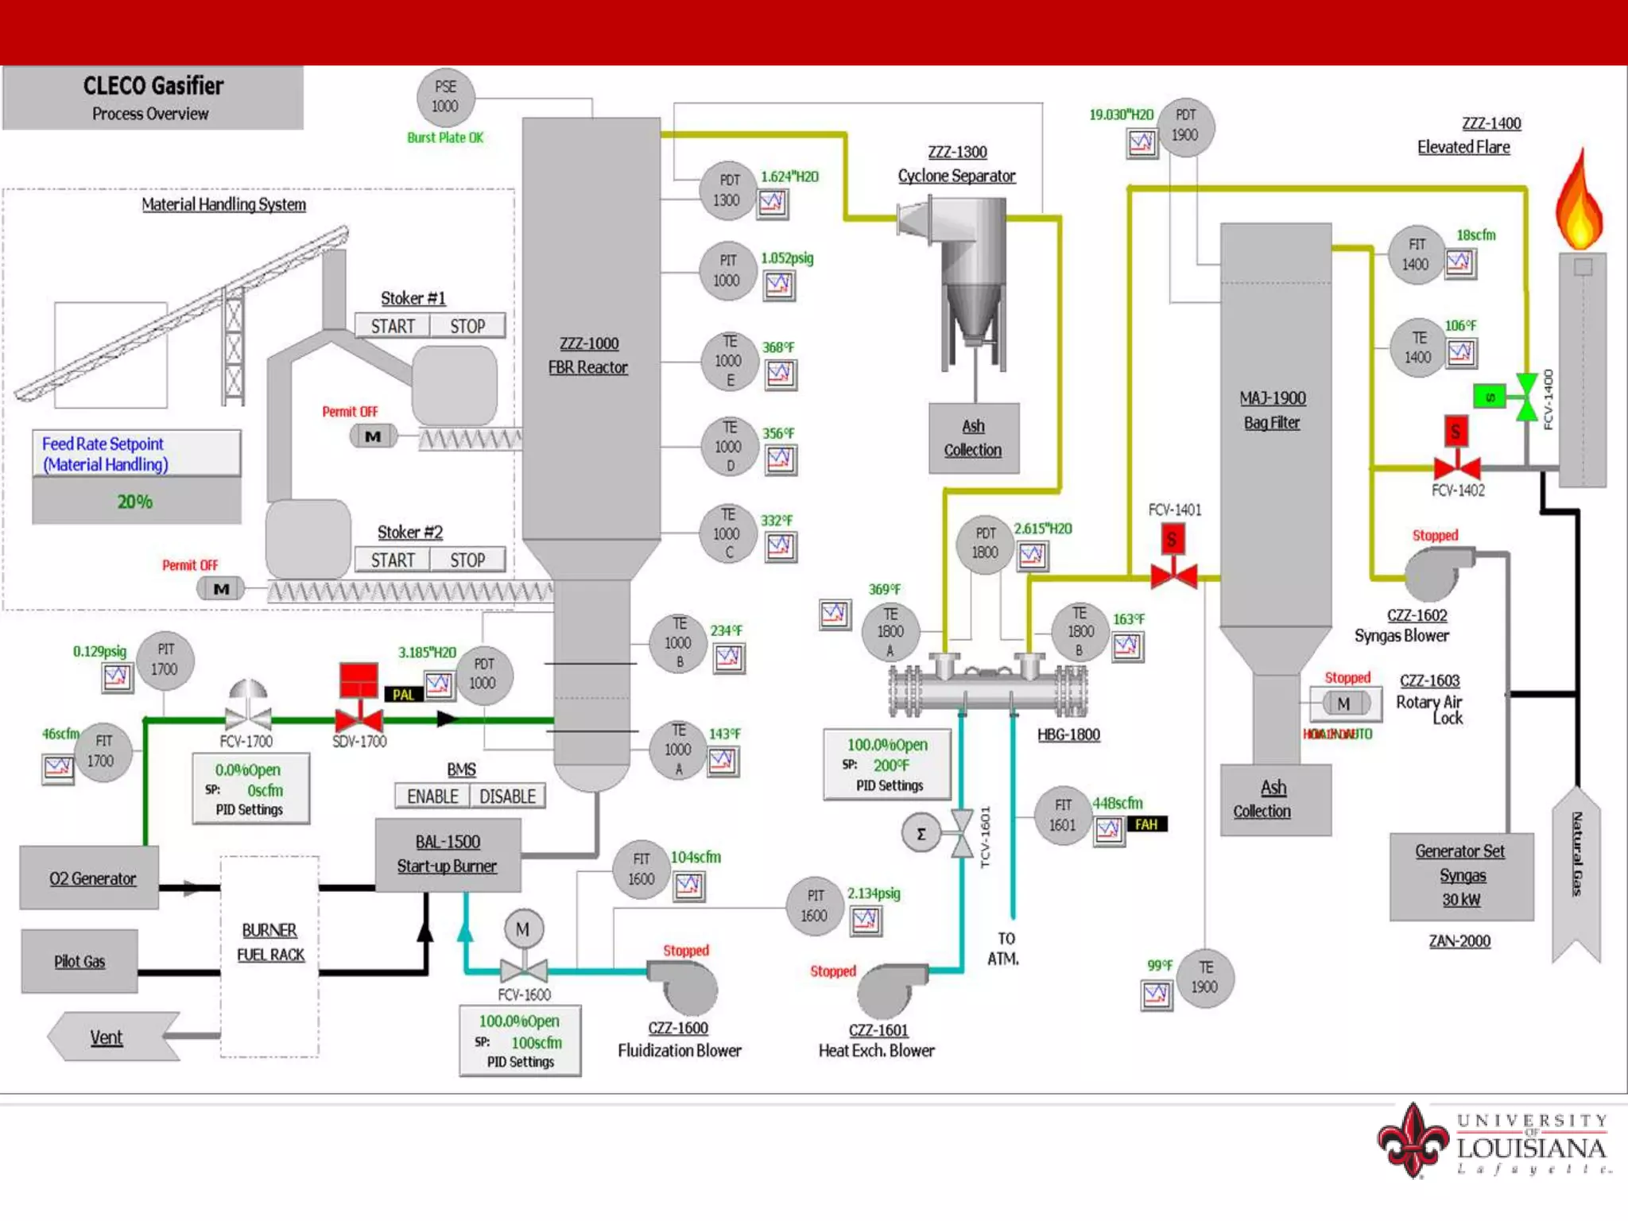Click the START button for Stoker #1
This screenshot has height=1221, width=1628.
[393, 326]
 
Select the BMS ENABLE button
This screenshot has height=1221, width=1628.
[432, 796]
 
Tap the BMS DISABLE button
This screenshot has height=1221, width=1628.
[507, 796]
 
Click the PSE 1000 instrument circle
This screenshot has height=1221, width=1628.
[445, 97]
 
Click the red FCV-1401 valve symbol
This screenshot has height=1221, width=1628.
[1173, 574]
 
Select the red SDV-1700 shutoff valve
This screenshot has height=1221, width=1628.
[359, 719]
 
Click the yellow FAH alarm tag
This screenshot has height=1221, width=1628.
[1145, 824]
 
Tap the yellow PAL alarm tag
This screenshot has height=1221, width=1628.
[403, 694]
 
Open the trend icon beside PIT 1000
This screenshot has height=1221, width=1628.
[779, 285]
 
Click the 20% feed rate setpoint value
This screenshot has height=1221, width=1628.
[136, 502]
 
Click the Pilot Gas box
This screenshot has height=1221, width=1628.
[79, 961]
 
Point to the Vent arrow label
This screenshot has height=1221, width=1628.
[107, 1037]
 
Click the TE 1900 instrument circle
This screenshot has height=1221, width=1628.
[1205, 978]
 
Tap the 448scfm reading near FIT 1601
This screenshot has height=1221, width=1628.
[1117, 803]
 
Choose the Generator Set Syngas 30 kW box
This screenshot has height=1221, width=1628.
[1460, 875]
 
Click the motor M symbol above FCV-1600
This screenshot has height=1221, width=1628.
[523, 928]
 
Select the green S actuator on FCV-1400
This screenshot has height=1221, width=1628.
[1489, 396]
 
